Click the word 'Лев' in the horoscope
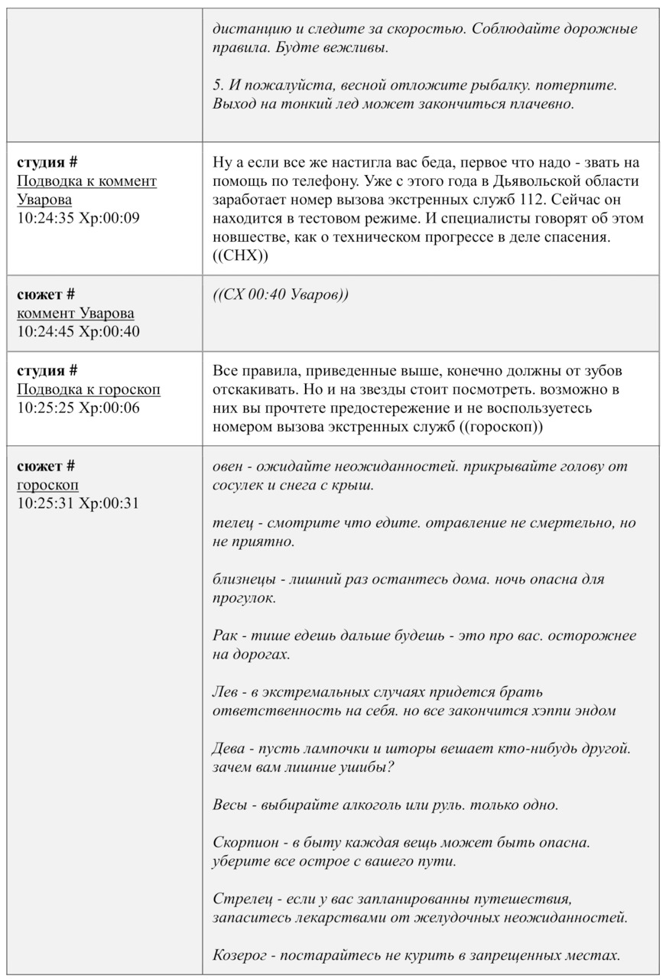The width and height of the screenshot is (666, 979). click(224, 692)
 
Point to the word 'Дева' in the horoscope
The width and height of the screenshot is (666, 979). click(228, 749)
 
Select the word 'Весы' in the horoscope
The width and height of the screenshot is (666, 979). click(229, 805)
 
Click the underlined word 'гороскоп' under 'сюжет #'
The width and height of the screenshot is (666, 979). click(47, 485)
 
